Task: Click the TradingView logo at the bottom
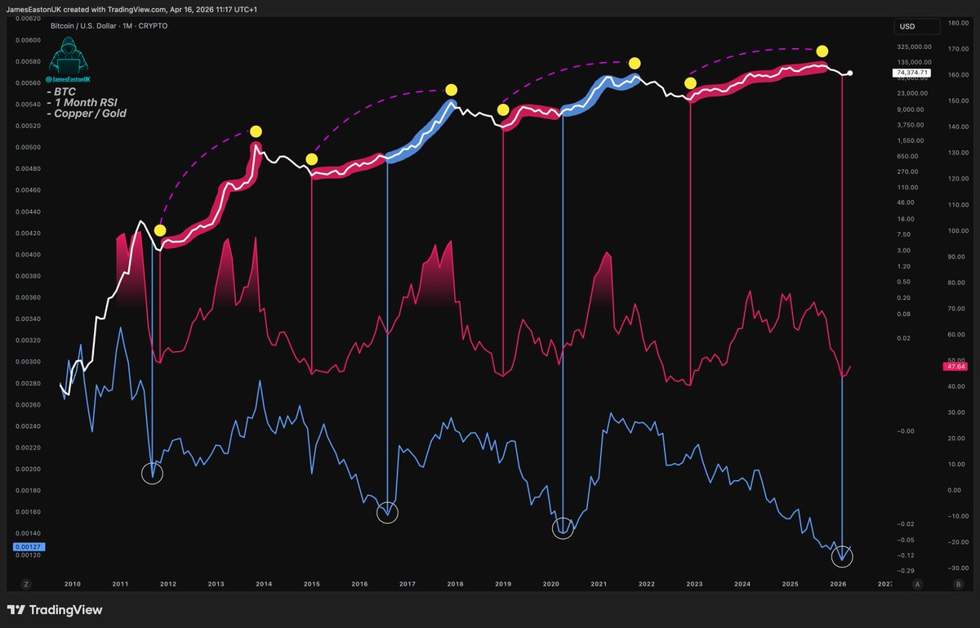pyautogui.click(x=55, y=610)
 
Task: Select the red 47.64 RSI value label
pyautogui.click(x=955, y=367)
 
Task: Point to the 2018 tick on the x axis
pyautogui.click(x=456, y=584)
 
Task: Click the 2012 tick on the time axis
pyautogui.click(x=168, y=584)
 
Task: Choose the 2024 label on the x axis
pyautogui.click(x=742, y=584)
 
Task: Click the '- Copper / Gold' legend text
pyautogui.click(x=91, y=114)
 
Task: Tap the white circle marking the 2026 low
pyautogui.click(x=842, y=557)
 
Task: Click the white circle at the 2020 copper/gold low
pyautogui.click(x=563, y=528)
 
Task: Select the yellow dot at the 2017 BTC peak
pyautogui.click(x=451, y=90)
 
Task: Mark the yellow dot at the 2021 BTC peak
pyautogui.click(x=634, y=63)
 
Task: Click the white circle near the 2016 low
pyautogui.click(x=388, y=512)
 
